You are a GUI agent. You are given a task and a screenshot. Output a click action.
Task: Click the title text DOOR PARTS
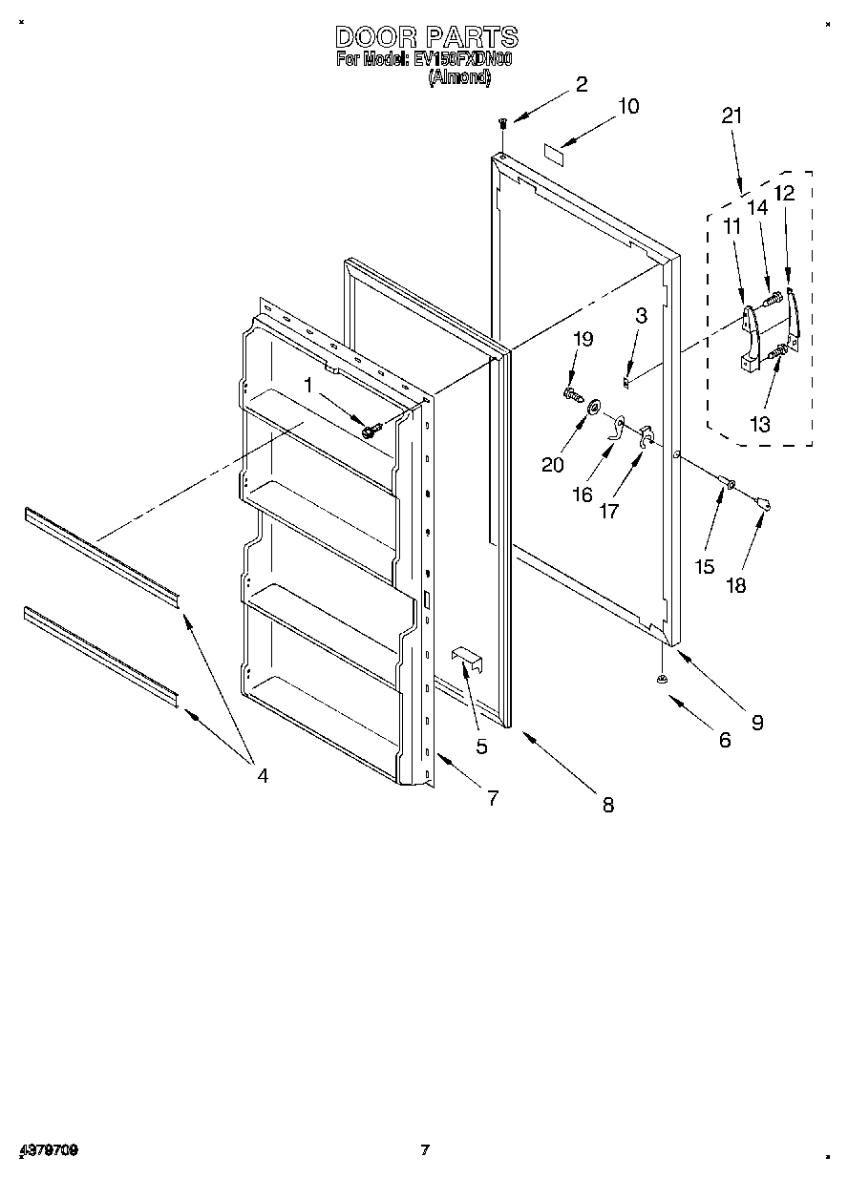click(x=426, y=37)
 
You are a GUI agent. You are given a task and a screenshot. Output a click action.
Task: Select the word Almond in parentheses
click(x=459, y=80)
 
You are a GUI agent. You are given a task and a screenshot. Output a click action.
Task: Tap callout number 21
click(x=731, y=116)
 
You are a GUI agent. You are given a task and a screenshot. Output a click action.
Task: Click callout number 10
click(x=627, y=106)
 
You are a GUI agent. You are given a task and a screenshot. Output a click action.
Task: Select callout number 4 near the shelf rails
click(x=262, y=775)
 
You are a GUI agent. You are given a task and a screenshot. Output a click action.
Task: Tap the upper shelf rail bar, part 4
click(x=101, y=555)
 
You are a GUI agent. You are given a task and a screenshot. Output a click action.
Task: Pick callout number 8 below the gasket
click(x=607, y=805)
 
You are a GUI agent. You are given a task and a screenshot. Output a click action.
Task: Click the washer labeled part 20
click(x=593, y=409)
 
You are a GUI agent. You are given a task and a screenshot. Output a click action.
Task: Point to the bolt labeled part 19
click(x=571, y=392)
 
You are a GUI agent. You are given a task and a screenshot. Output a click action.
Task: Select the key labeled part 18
click(x=763, y=497)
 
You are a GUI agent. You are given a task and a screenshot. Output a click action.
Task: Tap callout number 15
click(x=704, y=567)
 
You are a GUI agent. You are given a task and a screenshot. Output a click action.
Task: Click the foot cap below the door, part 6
click(x=659, y=679)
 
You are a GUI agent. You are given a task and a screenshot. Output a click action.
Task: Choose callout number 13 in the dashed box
click(x=759, y=426)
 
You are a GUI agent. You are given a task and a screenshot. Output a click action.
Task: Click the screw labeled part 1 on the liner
click(x=371, y=430)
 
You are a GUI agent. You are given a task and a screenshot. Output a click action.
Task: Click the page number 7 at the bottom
click(x=426, y=1150)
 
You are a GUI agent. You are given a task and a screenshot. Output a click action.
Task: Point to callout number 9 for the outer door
click(x=756, y=723)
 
